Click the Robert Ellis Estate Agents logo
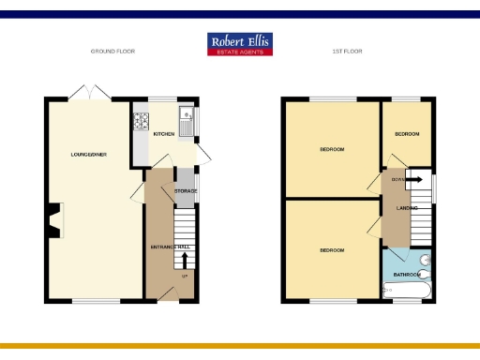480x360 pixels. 240,44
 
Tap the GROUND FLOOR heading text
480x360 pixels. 112,52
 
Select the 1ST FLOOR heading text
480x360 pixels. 347,52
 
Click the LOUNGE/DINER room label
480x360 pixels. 90,154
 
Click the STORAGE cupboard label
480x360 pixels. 186,191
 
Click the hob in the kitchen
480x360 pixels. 142,120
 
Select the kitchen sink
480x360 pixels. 187,120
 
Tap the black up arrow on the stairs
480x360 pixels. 185,258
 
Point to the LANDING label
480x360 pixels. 407,208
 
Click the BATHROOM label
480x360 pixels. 407,275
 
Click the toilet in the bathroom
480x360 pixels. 426,260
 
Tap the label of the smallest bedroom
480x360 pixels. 406,135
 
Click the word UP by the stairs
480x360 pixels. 185,276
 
